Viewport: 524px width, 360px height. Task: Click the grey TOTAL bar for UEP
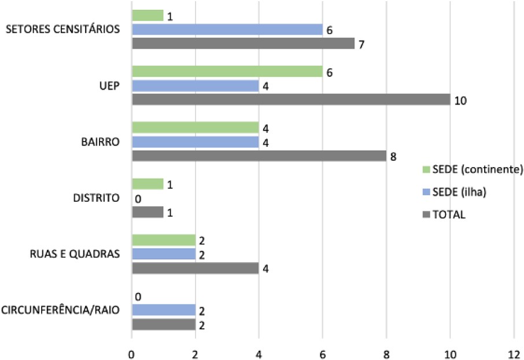point(291,99)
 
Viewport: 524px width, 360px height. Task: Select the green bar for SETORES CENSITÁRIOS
point(147,16)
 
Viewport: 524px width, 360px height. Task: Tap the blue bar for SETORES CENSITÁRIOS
point(227,29)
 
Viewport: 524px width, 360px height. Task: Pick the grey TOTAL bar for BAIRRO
point(259,155)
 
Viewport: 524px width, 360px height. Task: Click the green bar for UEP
point(227,72)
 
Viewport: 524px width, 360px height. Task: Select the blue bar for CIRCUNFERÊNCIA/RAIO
point(164,310)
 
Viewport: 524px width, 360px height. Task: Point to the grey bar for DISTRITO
point(147,212)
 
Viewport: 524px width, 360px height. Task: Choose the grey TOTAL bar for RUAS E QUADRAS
point(195,268)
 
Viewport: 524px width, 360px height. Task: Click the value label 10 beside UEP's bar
point(460,99)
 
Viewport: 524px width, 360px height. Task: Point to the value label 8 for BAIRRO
point(393,155)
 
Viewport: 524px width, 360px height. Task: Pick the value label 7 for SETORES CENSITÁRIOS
point(361,43)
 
